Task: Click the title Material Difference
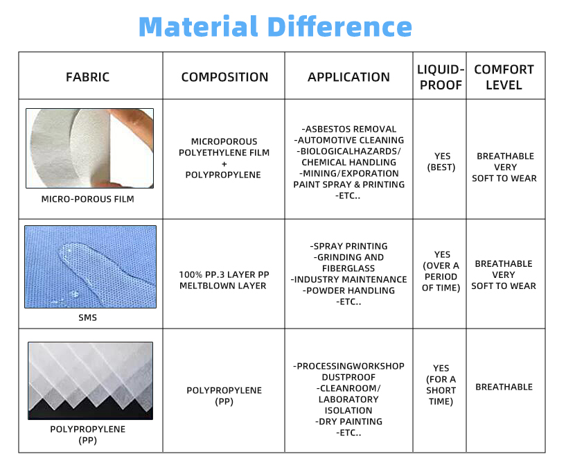coord(275,27)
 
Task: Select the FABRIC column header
coord(87,77)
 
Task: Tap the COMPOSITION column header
coord(224,77)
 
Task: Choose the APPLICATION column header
coord(348,77)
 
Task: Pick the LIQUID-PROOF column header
coord(440,77)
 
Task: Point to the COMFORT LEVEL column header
coord(504,77)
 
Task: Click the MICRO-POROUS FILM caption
coord(87,199)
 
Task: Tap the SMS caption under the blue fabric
coord(87,317)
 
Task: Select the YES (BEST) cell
coord(442,161)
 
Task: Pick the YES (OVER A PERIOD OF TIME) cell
coord(442,271)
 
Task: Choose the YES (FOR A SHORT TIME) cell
coord(441,385)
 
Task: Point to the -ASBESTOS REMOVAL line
coord(349,129)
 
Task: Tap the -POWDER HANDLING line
coord(348,290)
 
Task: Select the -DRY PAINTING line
coord(348,421)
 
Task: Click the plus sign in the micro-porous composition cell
coord(224,164)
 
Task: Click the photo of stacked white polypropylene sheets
coord(89,380)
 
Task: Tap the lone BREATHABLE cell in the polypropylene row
coord(504,387)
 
